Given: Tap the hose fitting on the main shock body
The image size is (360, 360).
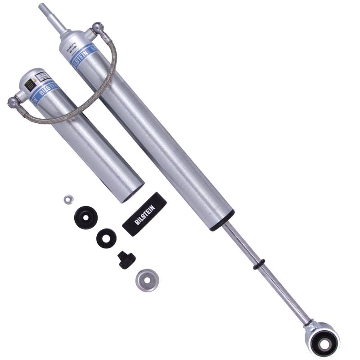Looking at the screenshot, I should pos(96,30).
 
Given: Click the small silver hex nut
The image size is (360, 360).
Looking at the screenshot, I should pos(68,198).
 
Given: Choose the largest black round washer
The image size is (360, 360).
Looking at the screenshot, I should pos(86,217).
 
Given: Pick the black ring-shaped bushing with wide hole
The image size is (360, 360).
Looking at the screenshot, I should pos(106,237).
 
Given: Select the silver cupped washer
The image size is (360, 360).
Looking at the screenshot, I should pos(146,280).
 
